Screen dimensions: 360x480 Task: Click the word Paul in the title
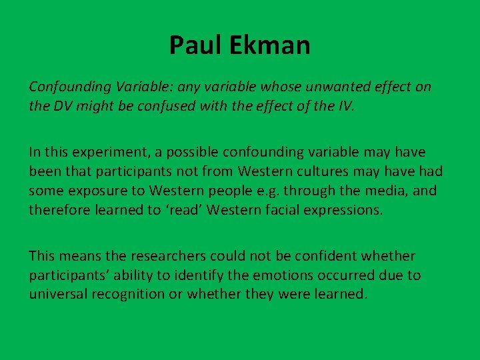point(191,45)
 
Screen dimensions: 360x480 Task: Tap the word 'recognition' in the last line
point(132,293)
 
